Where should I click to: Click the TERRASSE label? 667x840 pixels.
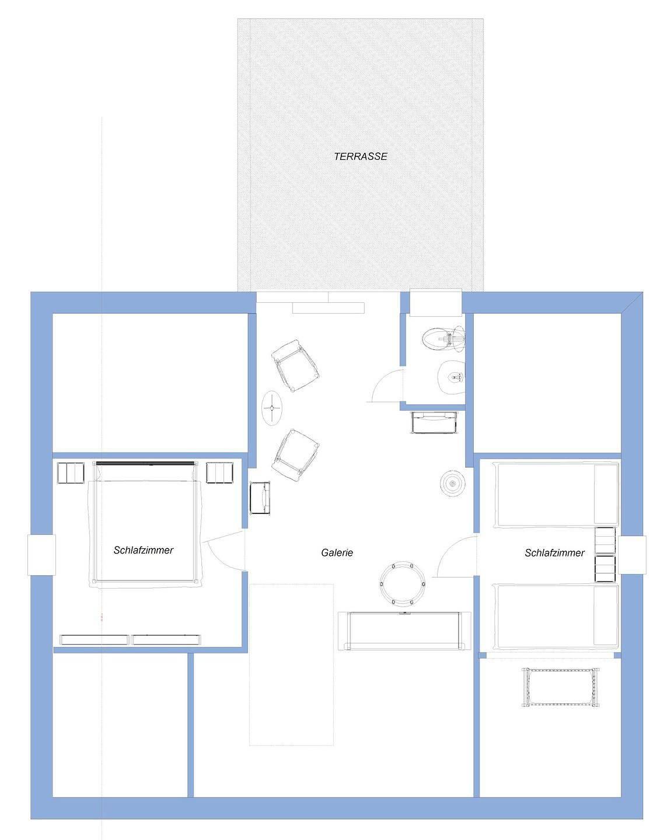(x=361, y=156)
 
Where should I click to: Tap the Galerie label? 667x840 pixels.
(x=337, y=553)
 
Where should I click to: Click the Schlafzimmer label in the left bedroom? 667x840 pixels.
(x=144, y=550)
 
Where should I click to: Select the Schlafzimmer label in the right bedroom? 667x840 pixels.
(x=554, y=553)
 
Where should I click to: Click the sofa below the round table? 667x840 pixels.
(x=405, y=631)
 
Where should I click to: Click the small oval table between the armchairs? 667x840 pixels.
(x=272, y=408)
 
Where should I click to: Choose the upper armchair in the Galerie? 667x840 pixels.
(x=296, y=366)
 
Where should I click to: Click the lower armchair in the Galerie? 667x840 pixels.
(x=296, y=455)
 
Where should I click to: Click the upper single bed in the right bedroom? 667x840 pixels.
(x=556, y=495)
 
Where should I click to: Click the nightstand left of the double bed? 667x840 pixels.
(x=71, y=473)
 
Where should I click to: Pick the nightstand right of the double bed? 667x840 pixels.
(x=220, y=473)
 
